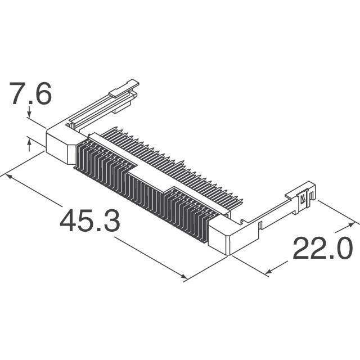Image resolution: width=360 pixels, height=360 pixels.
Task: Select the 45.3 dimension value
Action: coord(90,221)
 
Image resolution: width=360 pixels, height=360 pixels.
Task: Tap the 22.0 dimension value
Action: coord(322,249)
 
